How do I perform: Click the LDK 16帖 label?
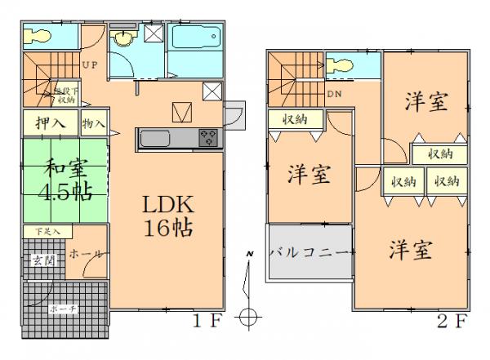coord(169,216)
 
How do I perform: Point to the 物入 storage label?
coord(93,125)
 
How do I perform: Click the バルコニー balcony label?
coord(310,251)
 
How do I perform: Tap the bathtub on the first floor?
coord(194,38)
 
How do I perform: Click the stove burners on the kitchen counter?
coord(208,138)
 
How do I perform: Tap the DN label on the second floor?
coord(335,93)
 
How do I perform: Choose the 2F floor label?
coord(455,320)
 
